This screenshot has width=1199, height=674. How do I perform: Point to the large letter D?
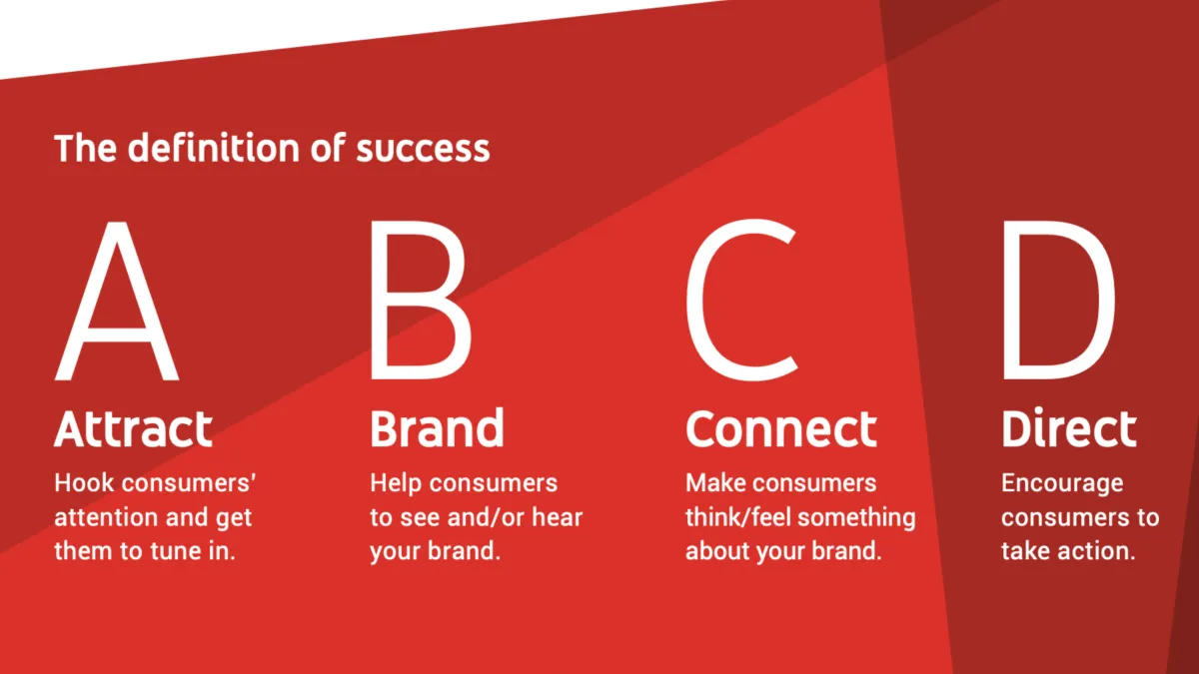point(1057,303)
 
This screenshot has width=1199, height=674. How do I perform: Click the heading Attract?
point(133,429)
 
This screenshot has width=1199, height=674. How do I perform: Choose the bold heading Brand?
point(437,429)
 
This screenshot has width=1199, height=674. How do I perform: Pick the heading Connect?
point(780,429)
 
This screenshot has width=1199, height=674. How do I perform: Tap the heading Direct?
point(1068,429)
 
